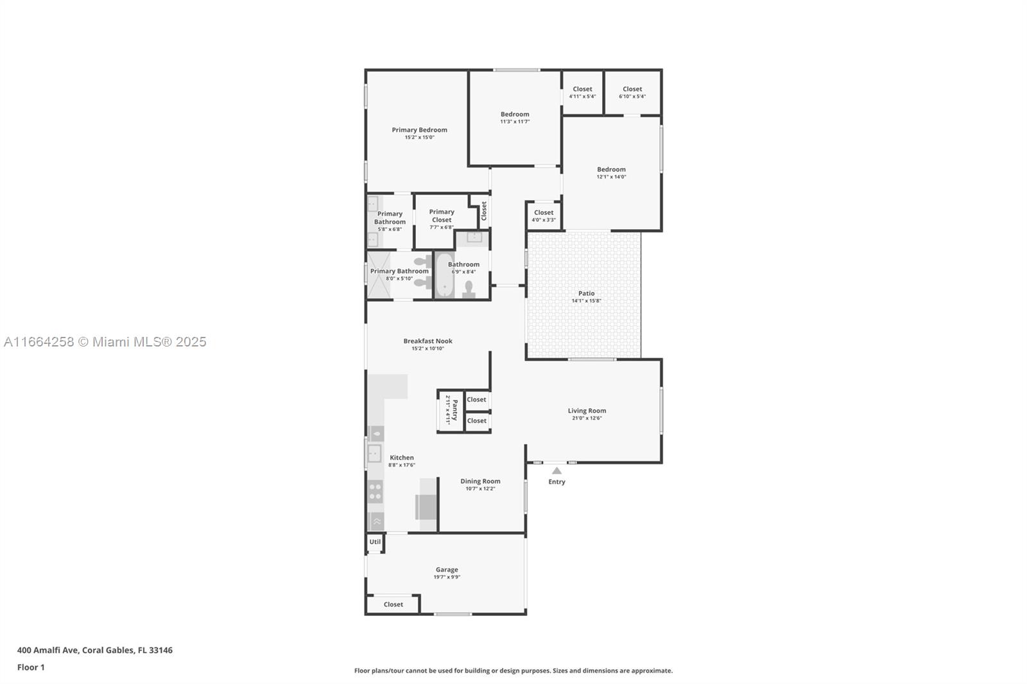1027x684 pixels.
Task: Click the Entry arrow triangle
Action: click(557, 470)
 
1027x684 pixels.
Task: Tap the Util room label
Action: click(375, 542)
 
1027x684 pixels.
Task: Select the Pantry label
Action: click(455, 410)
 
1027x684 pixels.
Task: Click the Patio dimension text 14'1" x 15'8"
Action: click(586, 301)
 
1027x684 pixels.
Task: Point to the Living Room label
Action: click(587, 411)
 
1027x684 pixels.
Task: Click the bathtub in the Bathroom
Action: click(444, 275)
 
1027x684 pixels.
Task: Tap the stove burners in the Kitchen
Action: click(375, 492)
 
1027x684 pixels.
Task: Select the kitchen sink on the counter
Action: click(375, 454)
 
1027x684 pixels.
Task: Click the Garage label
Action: click(447, 569)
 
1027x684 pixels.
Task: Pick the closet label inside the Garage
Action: click(393, 604)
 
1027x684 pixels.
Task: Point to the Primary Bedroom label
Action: click(420, 130)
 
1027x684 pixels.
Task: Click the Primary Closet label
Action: click(442, 216)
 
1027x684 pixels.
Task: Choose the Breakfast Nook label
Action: click(427, 341)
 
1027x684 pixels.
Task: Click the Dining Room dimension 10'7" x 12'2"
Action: click(481, 489)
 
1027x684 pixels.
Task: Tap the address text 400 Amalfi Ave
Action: click(49, 650)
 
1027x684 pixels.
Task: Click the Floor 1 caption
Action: click(31, 667)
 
